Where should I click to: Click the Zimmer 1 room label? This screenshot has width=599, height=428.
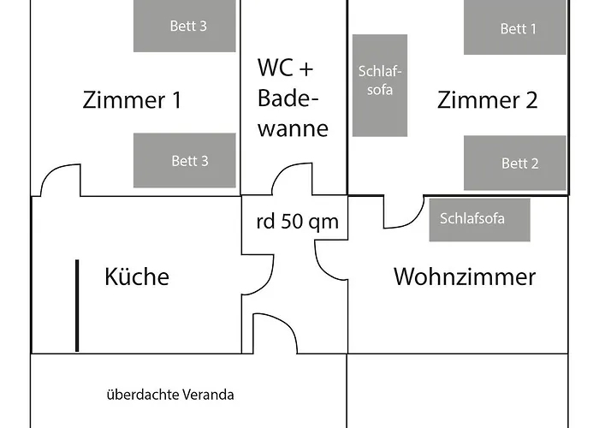[x=132, y=100]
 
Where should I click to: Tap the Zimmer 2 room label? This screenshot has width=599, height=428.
[x=487, y=100]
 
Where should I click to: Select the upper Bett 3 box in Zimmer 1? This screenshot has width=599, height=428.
[x=184, y=26]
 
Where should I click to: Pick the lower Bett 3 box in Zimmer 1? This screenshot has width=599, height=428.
[x=184, y=160]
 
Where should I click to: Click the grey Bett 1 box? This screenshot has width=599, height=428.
[x=515, y=27]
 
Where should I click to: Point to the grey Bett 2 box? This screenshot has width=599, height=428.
[x=515, y=163]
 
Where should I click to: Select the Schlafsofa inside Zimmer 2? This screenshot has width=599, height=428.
[x=379, y=86]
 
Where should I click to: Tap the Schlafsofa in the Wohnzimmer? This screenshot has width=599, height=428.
[x=479, y=219]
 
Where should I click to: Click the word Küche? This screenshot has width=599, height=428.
[x=137, y=276]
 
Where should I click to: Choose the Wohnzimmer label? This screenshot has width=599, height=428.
[x=464, y=276]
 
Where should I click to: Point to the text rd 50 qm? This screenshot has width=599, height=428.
[x=297, y=222]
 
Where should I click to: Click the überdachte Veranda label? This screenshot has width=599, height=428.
[x=170, y=395]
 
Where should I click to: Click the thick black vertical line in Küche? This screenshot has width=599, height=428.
[x=77, y=306]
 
